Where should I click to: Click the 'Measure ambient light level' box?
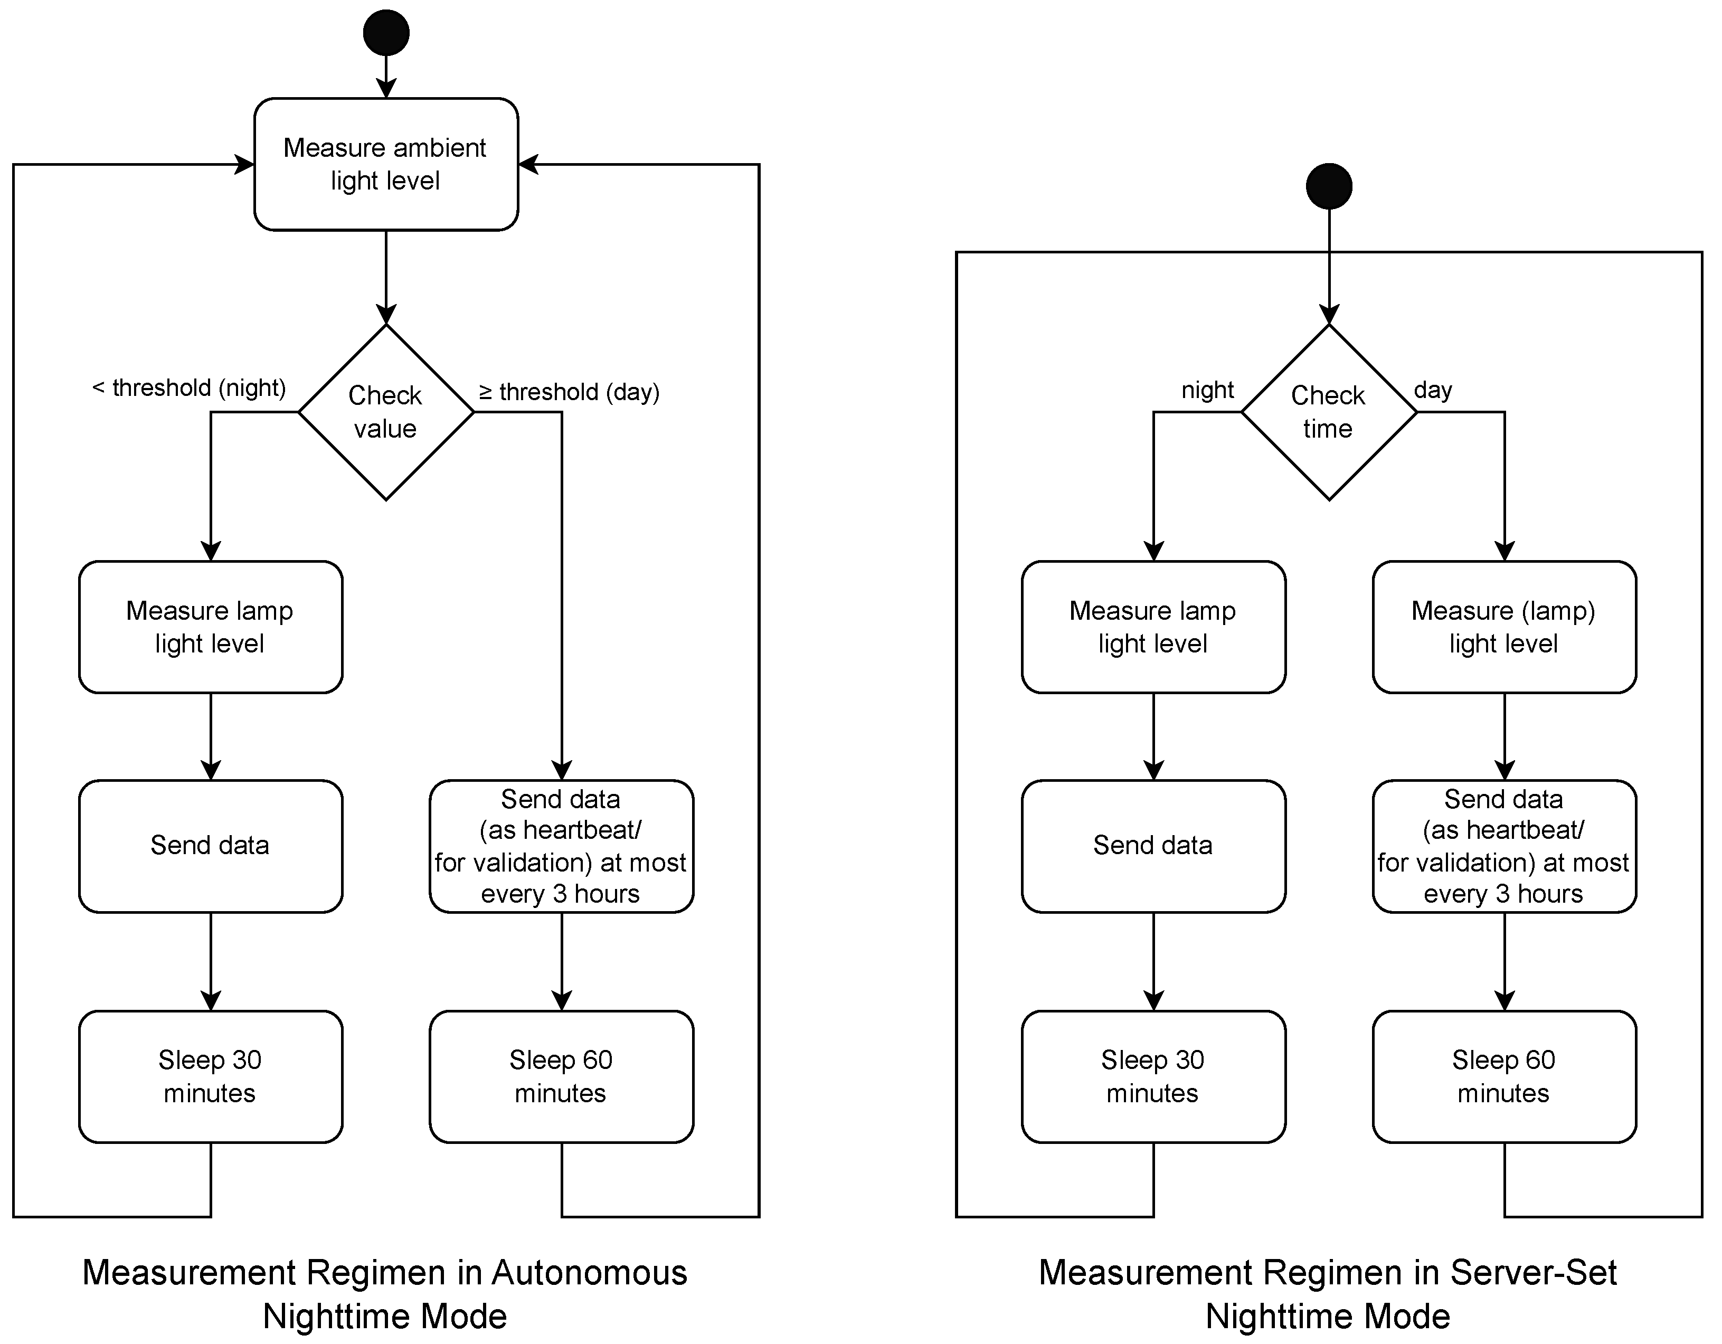pyautogui.click(x=385, y=164)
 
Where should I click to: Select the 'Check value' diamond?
pyautogui.click(x=385, y=411)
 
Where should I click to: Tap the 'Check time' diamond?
pyautogui.click(x=1329, y=411)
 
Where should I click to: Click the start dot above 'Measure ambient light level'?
pyautogui.click(x=385, y=32)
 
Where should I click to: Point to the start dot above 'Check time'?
pyautogui.click(x=1329, y=186)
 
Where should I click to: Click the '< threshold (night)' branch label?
pyautogui.click(x=188, y=388)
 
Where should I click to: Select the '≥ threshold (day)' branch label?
pyautogui.click(x=569, y=392)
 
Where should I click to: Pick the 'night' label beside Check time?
pyautogui.click(x=1207, y=390)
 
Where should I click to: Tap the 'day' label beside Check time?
pyautogui.click(x=1433, y=390)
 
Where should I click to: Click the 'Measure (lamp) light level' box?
pyautogui.click(x=1503, y=627)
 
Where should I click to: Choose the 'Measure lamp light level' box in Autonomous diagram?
pyautogui.click(x=211, y=627)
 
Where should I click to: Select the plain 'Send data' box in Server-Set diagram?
pyautogui.click(x=1153, y=846)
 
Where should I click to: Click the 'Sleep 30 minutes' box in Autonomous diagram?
pyautogui.click(x=211, y=1076)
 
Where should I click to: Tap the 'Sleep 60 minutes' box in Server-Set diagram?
pyautogui.click(x=1503, y=1076)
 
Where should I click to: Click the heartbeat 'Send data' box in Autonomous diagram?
pyautogui.click(x=561, y=846)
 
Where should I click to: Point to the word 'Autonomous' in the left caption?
pyautogui.click(x=589, y=1272)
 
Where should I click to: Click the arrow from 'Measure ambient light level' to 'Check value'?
pyautogui.click(x=385, y=276)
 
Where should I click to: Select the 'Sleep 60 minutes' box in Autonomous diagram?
pyautogui.click(x=561, y=1076)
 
